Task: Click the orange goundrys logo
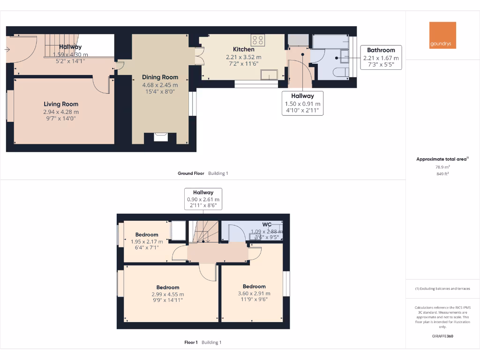coord(442,35)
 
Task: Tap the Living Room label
coord(61,104)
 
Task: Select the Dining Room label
coord(160,77)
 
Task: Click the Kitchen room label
coord(244,49)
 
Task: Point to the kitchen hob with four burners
coord(257,40)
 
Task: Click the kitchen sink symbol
coord(270,75)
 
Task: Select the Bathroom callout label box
coord(381,58)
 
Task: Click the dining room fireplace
coord(160,138)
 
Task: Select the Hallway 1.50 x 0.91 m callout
coord(302,103)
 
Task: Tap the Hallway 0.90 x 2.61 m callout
coord(202,199)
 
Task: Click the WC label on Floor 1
coord(267,225)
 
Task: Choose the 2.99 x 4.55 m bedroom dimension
coord(167,294)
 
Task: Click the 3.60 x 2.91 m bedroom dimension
coord(254,293)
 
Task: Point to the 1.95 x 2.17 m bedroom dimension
coord(147,241)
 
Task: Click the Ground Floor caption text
coord(191,173)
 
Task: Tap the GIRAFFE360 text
coord(442,336)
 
